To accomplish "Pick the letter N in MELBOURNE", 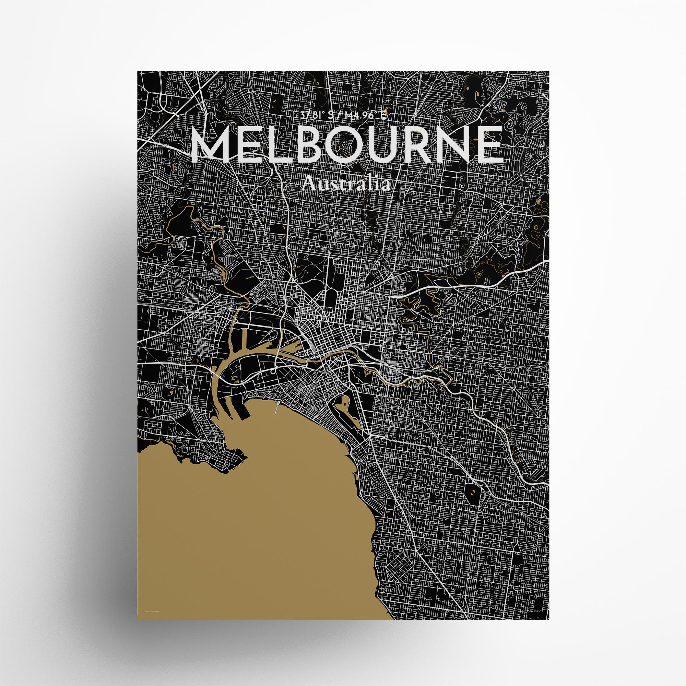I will tap(448, 145).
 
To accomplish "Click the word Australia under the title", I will tap(346, 184).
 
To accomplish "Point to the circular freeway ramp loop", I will tap(273, 372).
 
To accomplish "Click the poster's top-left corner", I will tap(138, 71).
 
